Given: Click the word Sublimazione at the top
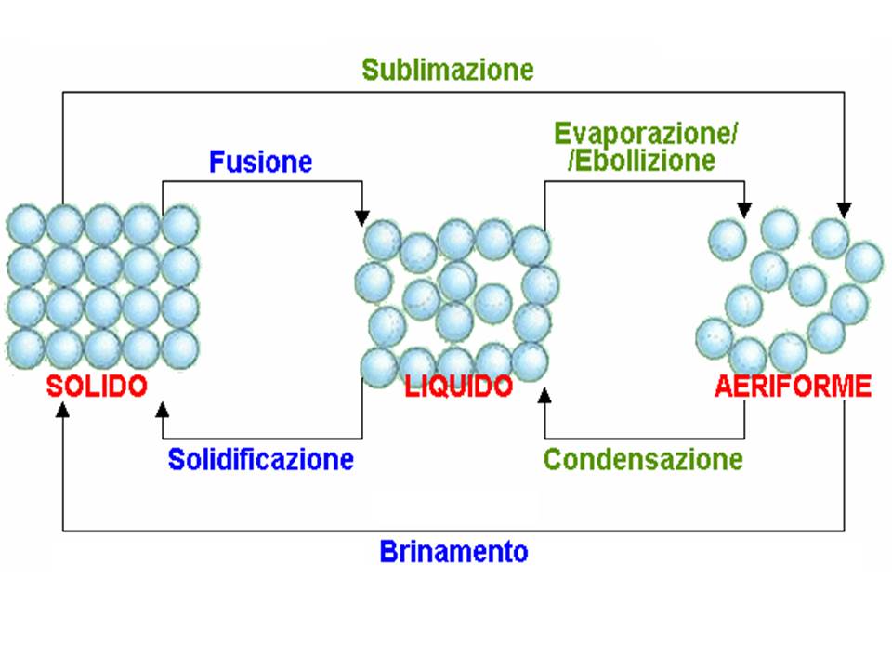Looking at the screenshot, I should click(448, 70).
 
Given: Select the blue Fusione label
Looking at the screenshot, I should click(261, 163).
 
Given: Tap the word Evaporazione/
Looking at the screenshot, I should click(647, 135).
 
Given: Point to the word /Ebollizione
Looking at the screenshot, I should click(642, 160).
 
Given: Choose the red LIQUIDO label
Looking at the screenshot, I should click(459, 387).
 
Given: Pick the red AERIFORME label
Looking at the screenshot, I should click(794, 387).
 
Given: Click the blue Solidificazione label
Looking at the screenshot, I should click(261, 459).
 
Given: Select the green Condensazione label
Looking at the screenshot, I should click(644, 459).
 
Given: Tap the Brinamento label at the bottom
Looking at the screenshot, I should click(454, 552).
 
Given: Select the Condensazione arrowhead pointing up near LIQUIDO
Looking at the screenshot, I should click(545, 397).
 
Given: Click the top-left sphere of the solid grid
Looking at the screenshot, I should click(25, 225).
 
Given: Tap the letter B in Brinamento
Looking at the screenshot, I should click(388, 552).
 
